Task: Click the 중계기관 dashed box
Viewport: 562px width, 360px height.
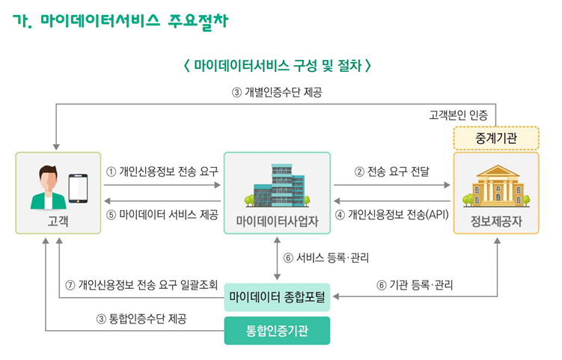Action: [496, 138]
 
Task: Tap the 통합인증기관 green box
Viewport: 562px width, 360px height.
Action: [277, 330]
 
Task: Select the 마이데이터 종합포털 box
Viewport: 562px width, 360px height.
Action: [277, 298]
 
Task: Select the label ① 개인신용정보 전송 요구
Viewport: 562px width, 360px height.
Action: [162, 171]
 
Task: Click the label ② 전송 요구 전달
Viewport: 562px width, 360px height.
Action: [391, 171]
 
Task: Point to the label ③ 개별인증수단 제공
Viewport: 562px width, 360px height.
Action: [278, 93]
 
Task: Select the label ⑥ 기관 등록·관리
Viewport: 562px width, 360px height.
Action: [415, 284]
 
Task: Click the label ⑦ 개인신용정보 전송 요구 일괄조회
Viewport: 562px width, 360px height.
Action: [141, 284]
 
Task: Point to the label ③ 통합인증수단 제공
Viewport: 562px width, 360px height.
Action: [141, 318]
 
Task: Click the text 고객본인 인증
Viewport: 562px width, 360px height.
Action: [459, 115]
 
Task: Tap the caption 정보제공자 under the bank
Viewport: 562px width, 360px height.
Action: [496, 221]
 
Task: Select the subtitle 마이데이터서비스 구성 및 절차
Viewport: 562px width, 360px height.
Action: [278, 66]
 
